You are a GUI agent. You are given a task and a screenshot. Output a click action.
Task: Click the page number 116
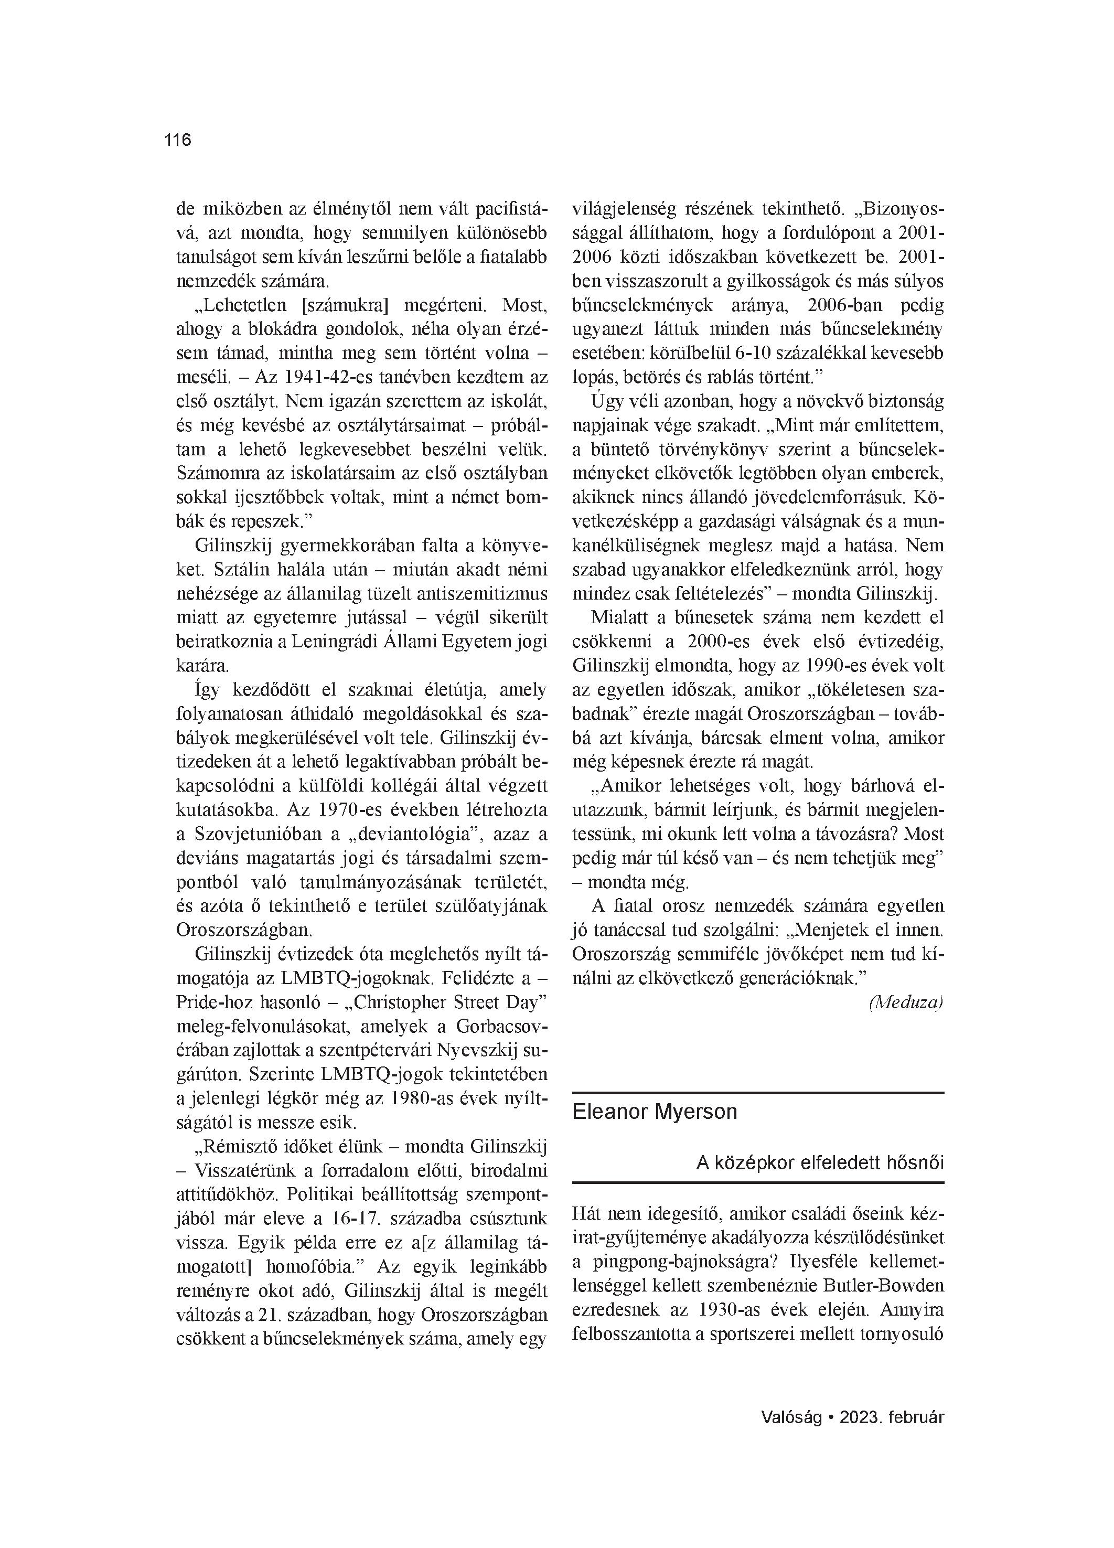tap(177, 140)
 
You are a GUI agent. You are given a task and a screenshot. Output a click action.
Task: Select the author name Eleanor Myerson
tap(655, 1112)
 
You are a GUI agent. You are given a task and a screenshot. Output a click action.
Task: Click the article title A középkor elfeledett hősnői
tap(820, 1163)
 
